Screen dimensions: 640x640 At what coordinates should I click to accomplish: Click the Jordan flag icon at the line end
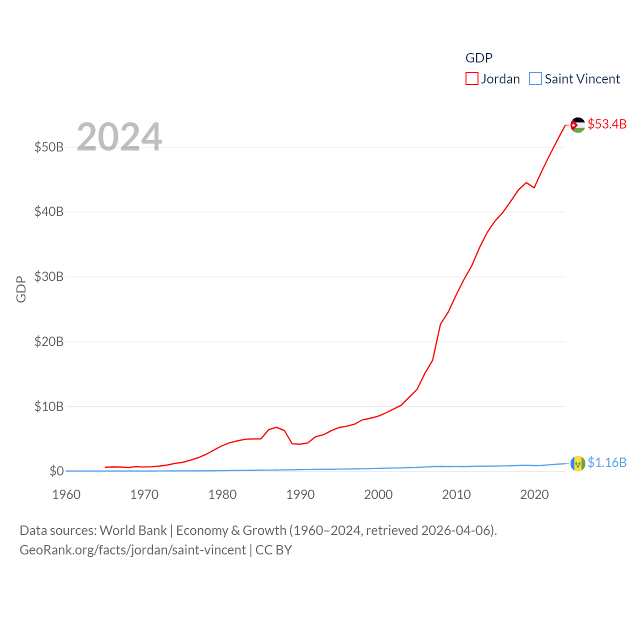pos(578,125)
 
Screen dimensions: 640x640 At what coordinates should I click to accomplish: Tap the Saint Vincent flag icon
pos(578,463)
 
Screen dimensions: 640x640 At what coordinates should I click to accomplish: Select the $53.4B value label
pos(607,124)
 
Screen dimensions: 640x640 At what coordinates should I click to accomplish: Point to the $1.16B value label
pos(607,462)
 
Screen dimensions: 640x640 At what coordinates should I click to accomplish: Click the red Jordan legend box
pos(471,79)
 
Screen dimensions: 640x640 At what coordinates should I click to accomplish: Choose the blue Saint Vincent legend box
pos(535,79)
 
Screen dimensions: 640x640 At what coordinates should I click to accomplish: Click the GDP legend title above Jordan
pos(479,58)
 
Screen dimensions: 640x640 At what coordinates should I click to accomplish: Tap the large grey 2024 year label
pos(119,136)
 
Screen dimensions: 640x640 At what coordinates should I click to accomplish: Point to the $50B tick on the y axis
pos(49,147)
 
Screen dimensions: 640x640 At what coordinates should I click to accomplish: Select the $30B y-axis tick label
pos(49,276)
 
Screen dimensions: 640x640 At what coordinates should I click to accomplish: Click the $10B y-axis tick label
pos(49,406)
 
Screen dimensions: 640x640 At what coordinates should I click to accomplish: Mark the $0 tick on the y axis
pos(56,471)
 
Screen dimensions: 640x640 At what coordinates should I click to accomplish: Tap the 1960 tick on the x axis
pos(66,494)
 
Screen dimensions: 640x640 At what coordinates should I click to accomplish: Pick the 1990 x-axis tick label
pos(300,494)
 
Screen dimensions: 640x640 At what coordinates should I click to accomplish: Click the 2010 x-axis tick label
pos(456,494)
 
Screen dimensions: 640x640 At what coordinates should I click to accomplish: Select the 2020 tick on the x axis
pos(534,494)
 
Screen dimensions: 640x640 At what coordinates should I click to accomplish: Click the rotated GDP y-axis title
pos(21,289)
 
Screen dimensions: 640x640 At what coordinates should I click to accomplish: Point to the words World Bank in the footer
pos(133,530)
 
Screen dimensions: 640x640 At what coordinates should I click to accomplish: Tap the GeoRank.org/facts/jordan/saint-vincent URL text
pos(133,550)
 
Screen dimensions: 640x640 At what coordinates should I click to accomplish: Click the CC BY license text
pos(273,550)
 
